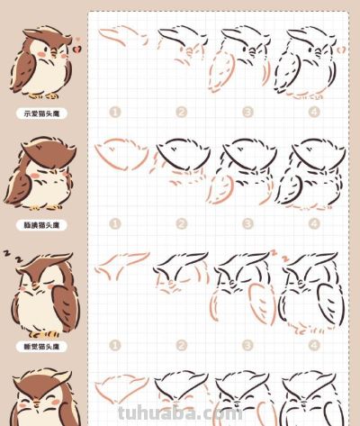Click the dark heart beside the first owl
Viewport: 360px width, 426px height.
pos(76,39)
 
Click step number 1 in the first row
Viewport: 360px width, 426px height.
pos(114,113)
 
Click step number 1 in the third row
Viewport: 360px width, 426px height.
pos(114,344)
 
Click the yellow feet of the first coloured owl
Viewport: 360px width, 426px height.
pos(42,95)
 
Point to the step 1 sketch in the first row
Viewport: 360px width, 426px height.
pos(121,39)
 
